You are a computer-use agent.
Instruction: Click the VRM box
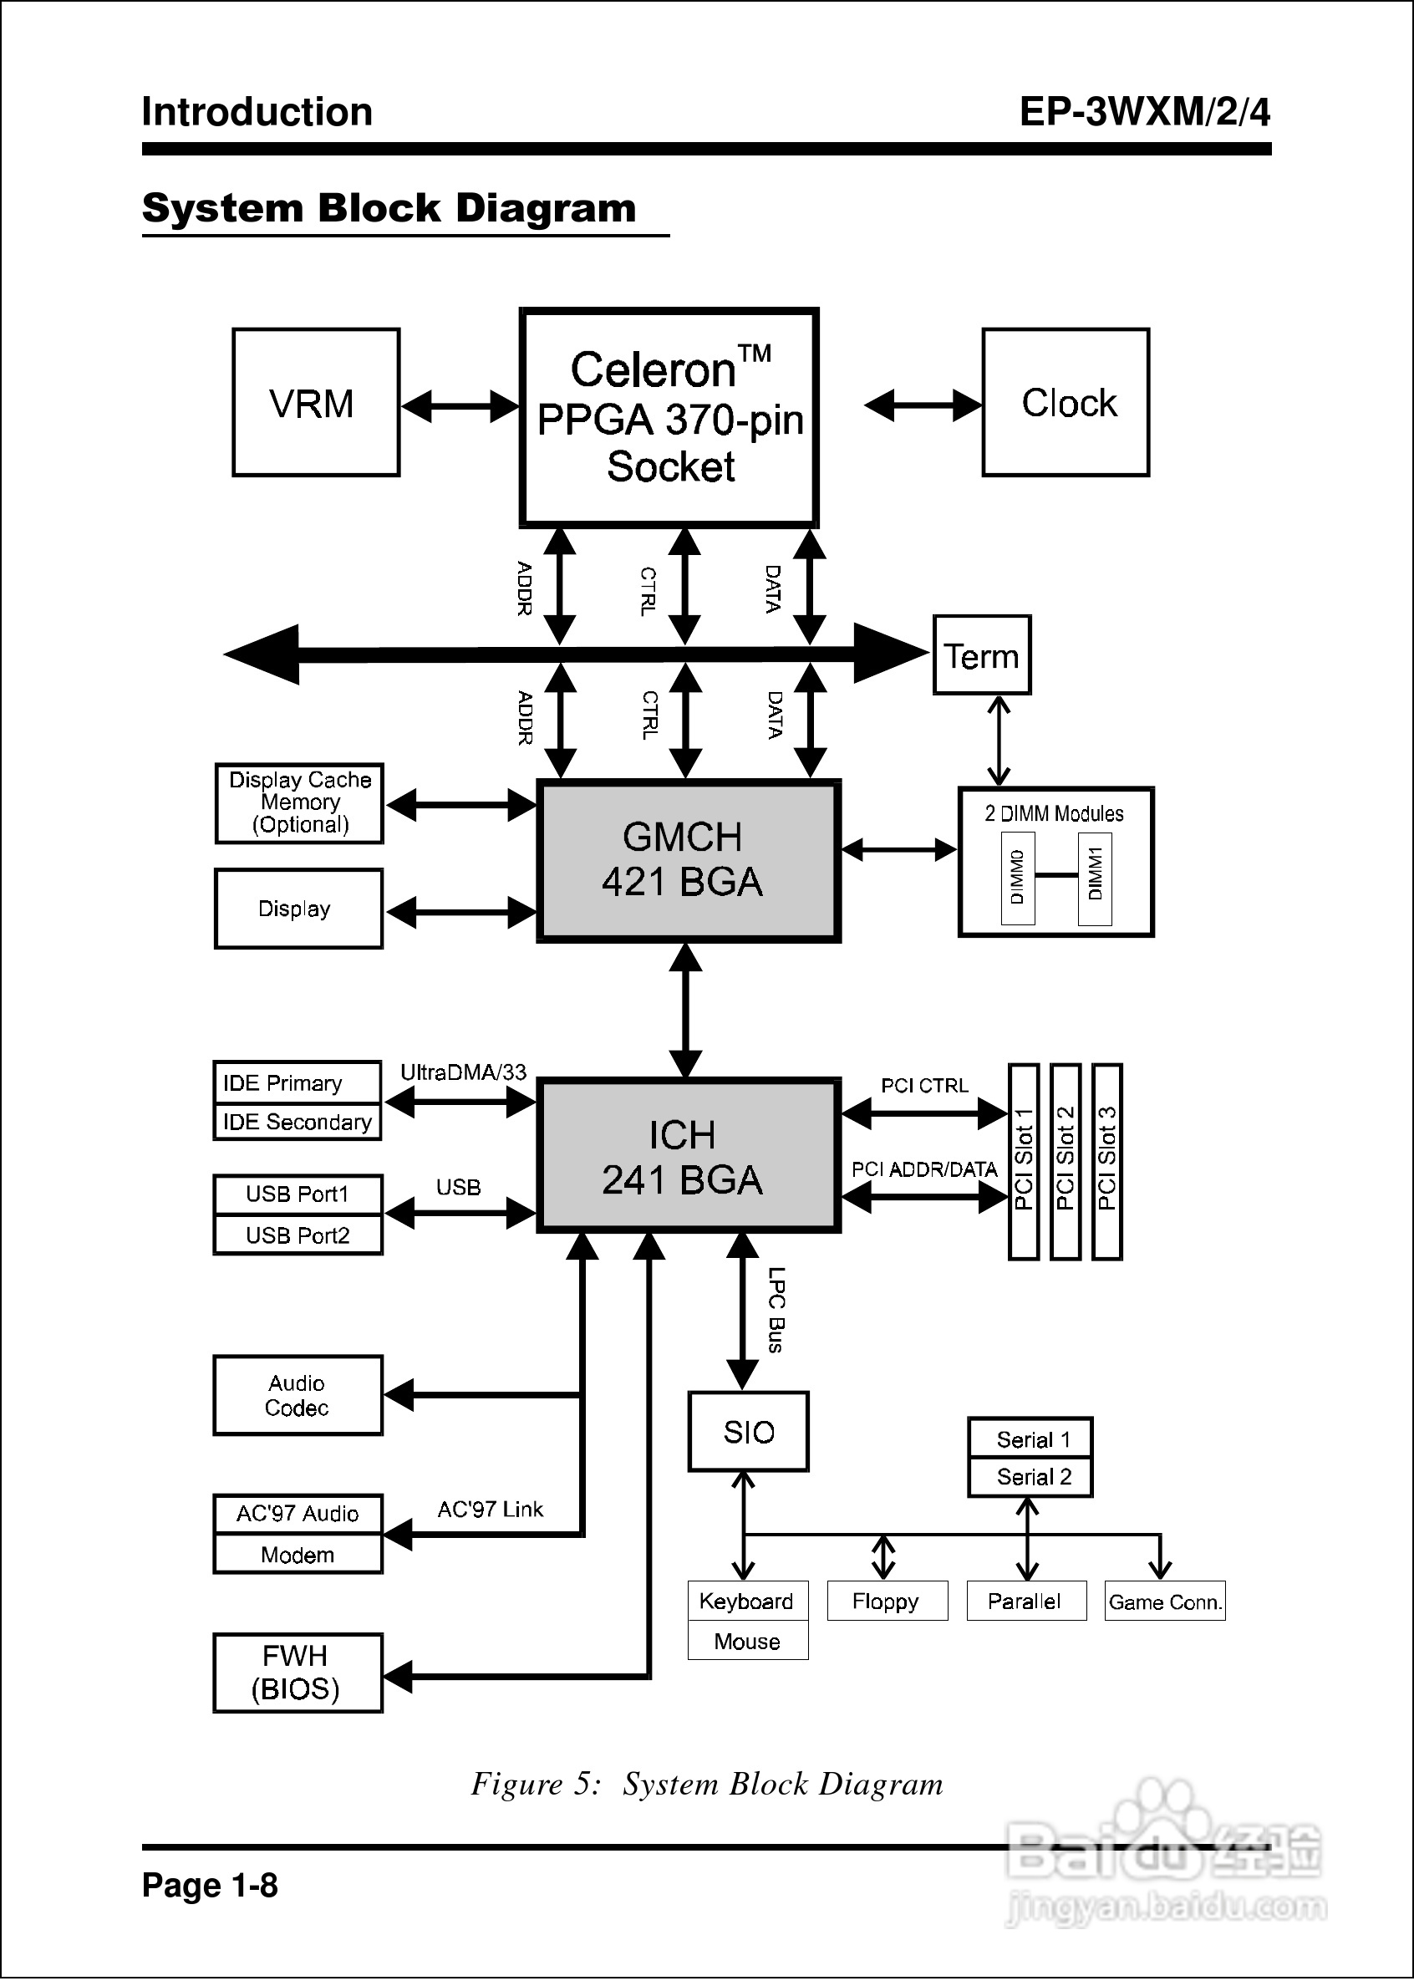[315, 402]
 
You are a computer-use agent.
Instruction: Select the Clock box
[1066, 402]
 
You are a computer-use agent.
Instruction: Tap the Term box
[981, 655]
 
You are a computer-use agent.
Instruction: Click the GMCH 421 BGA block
[688, 860]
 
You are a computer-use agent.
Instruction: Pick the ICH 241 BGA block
[688, 1156]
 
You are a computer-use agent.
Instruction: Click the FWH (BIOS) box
[298, 1673]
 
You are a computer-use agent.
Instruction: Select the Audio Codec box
[298, 1395]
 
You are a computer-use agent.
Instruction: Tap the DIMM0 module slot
[1017, 878]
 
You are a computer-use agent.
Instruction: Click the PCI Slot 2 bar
[1065, 1162]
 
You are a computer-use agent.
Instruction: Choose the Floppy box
[887, 1602]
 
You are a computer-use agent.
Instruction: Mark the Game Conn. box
[1164, 1602]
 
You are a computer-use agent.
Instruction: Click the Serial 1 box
[1030, 1439]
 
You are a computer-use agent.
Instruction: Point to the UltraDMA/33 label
[463, 1072]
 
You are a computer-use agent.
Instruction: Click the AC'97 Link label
[491, 1509]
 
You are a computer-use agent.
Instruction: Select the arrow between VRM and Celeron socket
[460, 405]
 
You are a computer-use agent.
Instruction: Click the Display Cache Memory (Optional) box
[299, 802]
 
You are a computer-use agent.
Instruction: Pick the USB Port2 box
[298, 1235]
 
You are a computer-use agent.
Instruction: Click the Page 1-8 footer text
[210, 1885]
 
